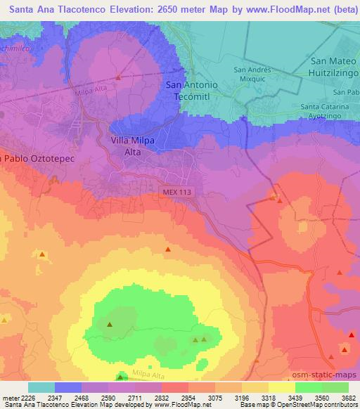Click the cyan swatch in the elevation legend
(x=41, y=387)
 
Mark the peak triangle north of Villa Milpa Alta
(x=119, y=77)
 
